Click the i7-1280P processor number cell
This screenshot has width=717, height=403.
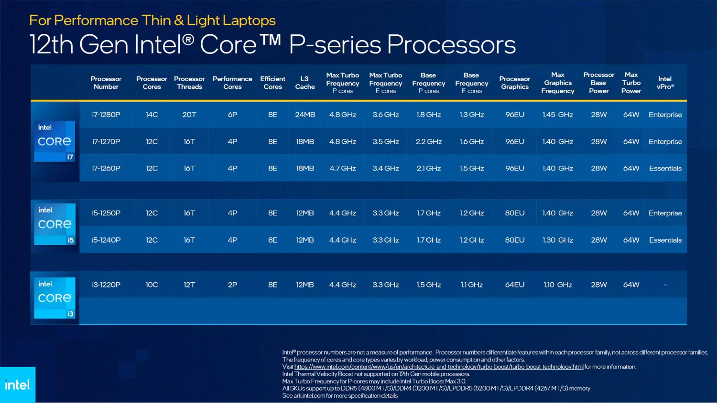106,115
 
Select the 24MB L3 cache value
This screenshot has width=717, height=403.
305,115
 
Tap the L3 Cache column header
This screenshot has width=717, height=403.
305,83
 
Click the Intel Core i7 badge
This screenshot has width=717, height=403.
54,141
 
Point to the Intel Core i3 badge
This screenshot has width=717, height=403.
54,298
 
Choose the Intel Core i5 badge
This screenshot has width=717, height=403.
54,224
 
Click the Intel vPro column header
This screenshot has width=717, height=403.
665,83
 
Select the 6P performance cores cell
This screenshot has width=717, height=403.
232,115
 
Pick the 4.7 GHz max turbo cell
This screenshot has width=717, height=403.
343,169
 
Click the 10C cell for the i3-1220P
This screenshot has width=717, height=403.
152,285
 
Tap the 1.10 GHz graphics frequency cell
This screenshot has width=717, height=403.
557,285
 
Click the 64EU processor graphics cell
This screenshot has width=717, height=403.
515,285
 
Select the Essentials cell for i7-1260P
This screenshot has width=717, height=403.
665,169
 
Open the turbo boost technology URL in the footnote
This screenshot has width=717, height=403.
438,367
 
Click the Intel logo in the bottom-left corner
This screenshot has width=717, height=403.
18,385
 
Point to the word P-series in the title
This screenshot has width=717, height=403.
335,45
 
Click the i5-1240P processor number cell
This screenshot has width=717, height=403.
106,240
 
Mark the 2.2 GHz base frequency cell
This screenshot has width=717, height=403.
429,142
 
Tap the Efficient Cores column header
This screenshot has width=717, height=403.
272,83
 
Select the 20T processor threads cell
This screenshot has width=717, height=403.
189,115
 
